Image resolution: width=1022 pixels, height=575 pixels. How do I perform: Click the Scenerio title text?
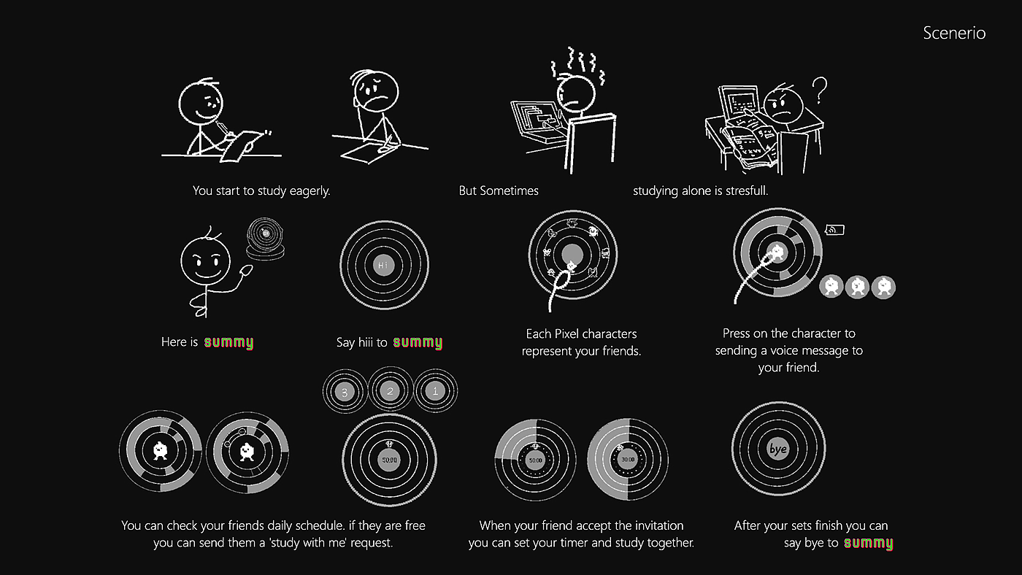954,33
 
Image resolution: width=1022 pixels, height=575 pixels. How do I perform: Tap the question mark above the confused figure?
819,90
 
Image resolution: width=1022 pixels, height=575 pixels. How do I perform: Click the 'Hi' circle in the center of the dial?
384,265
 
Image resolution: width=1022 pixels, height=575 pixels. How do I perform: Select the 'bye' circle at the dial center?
778,449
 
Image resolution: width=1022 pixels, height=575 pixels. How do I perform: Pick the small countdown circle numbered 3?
345,392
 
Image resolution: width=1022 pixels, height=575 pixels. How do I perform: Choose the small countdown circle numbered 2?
390,391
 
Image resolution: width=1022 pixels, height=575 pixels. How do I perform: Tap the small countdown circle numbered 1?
435,391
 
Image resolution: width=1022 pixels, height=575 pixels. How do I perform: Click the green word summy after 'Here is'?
228,342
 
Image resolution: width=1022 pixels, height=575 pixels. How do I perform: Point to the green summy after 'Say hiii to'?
418,342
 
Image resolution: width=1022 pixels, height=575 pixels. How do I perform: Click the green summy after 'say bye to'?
868,543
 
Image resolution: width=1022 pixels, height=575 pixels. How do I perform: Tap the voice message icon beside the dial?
834,230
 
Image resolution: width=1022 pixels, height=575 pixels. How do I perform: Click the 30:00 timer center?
628,460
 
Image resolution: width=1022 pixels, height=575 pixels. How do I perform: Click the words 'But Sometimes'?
499,190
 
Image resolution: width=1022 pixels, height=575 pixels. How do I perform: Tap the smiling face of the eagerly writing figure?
201,103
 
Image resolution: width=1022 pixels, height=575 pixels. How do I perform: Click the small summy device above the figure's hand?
265,239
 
